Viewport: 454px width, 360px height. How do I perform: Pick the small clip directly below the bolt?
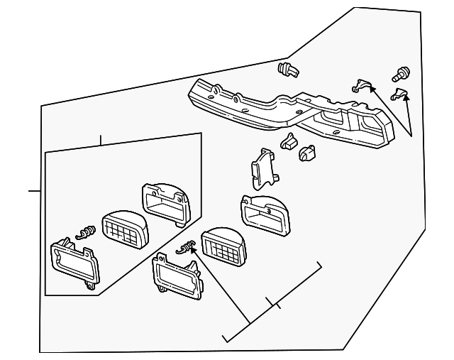[400, 92]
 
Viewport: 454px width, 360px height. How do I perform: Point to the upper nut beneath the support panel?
[289, 141]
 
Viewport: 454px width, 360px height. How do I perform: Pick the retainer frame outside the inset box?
[174, 277]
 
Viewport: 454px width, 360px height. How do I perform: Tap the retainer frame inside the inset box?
[73, 263]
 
